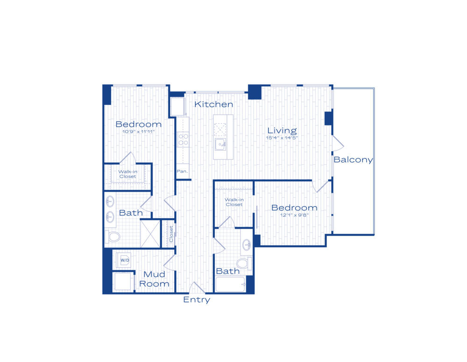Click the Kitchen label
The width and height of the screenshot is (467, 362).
pos(213,104)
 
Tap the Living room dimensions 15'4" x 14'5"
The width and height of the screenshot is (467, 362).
pos(282,138)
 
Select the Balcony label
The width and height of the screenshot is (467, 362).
pos(353,160)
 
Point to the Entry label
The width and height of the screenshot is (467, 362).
pos(197,299)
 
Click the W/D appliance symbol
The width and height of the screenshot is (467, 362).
pos(124,260)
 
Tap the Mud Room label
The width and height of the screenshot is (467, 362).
pos(154,279)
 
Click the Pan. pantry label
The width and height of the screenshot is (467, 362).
pos(182,171)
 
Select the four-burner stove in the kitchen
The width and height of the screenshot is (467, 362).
pos(183,139)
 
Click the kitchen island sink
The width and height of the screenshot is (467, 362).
pos(220,145)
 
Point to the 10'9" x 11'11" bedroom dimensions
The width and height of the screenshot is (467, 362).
pos(138,132)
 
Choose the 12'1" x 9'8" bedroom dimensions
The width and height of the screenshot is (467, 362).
pos(294,215)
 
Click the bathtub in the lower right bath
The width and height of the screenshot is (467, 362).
pos(231,284)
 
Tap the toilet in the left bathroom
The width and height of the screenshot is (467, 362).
pos(113,237)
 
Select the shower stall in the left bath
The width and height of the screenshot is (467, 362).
pos(150,234)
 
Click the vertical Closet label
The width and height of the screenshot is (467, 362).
pos(171,234)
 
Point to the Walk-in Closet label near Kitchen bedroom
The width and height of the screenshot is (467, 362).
pos(128,174)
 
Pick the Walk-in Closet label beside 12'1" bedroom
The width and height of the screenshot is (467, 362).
pos(234,202)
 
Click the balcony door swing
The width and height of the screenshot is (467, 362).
pos(338,143)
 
